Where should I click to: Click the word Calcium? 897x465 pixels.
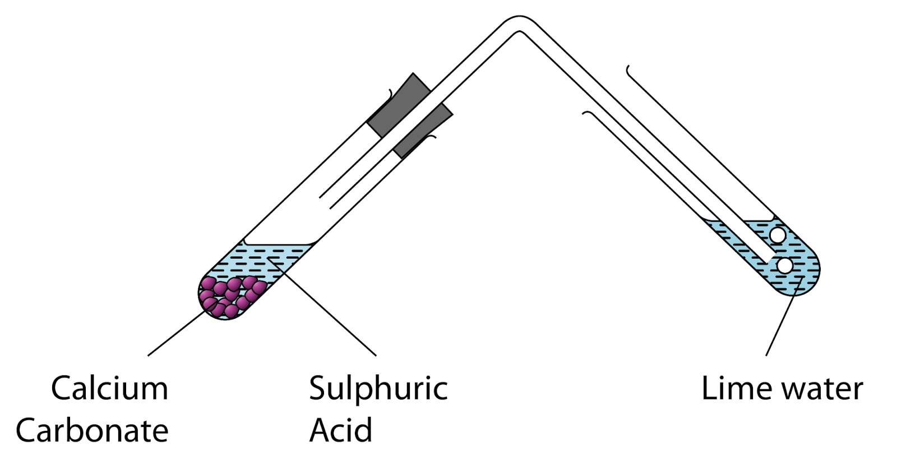pyautogui.click(x=109, y=388)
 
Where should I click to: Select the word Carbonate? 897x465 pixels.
pyautogui.click(x=92, y=430)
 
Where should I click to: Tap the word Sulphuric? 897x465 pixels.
pyautogui.click(x=378, y=388)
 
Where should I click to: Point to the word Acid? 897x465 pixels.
pyautogui.click(x=340, y=430)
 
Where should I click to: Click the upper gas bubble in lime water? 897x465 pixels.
pyautogui.click(x=778, y=235)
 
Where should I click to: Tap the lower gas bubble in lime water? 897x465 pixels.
pyautogui.click(x=785, y=266)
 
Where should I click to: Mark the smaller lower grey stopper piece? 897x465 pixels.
pyautogui.click(x=423, y=131)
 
